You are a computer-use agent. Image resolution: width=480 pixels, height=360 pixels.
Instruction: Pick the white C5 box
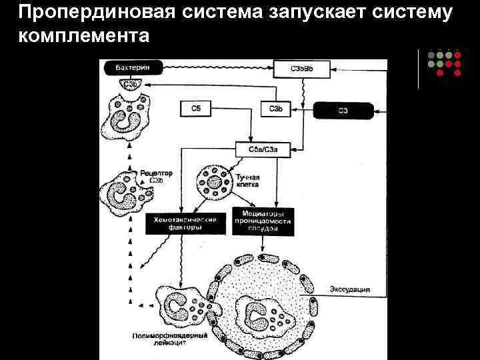pyautogui.click(x=195, y=108)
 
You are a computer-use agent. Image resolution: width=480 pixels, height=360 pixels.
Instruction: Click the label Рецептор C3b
pyautogui.click(x=156, y=177)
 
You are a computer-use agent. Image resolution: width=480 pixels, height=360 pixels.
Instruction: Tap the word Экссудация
pyautogui.click(x=349, y=290)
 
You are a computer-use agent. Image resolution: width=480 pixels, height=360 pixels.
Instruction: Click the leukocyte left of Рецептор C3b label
pyautogui.click(x=123, y=194)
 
